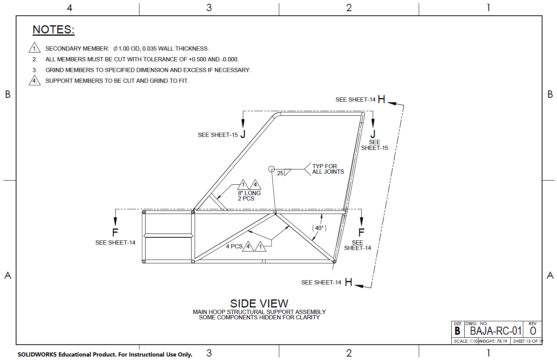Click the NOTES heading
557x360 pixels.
(x=53, y=30)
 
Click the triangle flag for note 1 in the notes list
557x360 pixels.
(x=34, y=48)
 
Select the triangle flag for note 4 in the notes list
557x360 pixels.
(x=34, y=81)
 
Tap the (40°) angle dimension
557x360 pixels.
(x=319, y=228)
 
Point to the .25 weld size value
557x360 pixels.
(x=280, y=173)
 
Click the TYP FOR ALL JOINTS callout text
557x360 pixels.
(x=328, y=169)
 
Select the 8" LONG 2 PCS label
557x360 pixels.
(x=249, y=196)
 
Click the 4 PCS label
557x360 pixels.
(x=234, y=247)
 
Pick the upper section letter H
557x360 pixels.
(x=381, y=100)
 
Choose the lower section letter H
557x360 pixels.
(x=348, y=283)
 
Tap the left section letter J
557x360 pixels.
(x=243, y=135)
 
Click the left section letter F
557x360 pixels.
(x=115, y=232)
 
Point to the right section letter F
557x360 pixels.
(x=361, y=232)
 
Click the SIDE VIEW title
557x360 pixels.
(x=259, y=304)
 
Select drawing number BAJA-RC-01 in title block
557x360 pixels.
(x=496, y=331)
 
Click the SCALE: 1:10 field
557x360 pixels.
(x=465, y=341)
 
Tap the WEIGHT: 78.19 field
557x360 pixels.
(x=493, y=341)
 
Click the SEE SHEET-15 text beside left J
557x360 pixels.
(x=218, y=135)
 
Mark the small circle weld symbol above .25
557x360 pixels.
(x=272, y=169)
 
